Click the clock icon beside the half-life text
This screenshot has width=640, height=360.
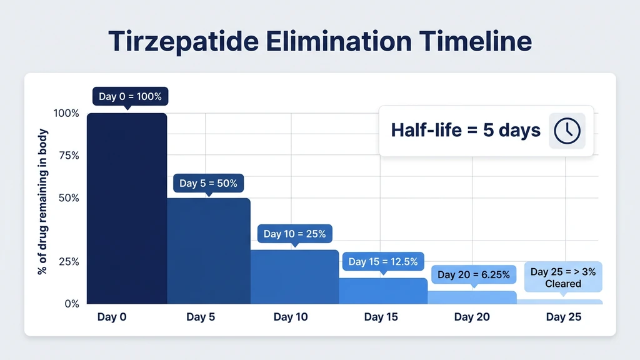click(567, 131)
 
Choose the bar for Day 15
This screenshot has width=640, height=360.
click(383, 291)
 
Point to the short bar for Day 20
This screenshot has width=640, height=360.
click(472, 297)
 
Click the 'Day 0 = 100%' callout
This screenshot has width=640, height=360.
click(130, 97)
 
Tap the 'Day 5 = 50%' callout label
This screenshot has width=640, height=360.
click(208, 183)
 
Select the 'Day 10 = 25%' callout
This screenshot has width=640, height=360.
click(294, 234)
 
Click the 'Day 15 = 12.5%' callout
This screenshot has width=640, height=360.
click(383, 262)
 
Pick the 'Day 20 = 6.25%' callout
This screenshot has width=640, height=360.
click(473, 274)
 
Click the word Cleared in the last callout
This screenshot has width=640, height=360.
click(562, 284)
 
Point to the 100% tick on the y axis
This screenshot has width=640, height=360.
click(66, 113)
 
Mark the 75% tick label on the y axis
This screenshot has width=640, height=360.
click(68, 156)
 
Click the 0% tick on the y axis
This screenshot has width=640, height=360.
click(72, 304)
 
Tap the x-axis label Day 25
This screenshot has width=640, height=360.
click(563, 317)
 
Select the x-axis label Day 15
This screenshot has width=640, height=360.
click(381, 317)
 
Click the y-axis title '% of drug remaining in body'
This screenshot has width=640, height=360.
click(43, 201)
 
